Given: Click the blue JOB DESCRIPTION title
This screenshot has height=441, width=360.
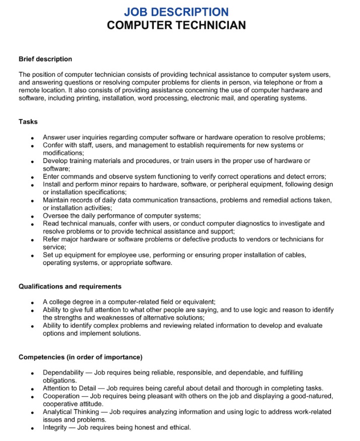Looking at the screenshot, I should click(176, 12).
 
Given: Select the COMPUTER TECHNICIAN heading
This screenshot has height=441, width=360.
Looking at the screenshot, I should click(176, 25).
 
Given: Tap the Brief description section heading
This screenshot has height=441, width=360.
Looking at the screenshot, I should click(45, 59).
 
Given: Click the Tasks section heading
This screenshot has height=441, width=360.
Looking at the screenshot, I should click(28, 122).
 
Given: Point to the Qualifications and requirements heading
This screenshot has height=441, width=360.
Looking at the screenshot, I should click(70, 286).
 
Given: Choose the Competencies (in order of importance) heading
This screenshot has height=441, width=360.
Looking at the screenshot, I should click(80, 357).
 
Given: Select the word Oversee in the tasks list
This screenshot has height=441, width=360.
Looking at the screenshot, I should click(55, 215).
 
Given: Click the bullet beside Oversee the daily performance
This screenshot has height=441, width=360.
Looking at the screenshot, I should click(32, 216).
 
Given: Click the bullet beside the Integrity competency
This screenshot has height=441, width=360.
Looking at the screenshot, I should click(32, 428).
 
